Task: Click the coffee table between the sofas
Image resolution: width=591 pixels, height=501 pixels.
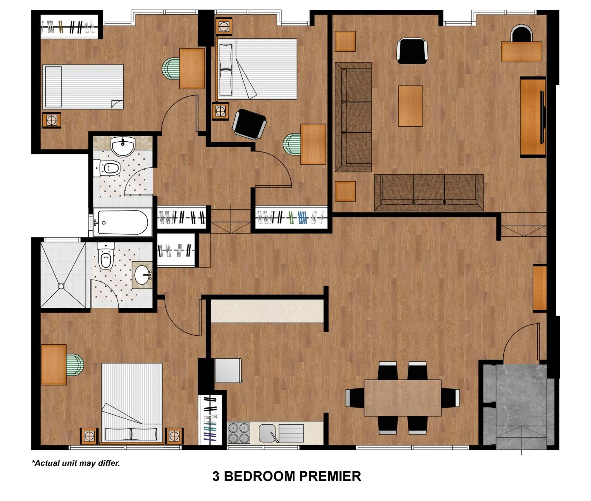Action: tap(410, 106)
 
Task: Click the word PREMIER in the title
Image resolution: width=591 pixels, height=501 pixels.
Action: tap(330, 476)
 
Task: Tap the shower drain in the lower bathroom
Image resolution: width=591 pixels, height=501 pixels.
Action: tap(61, 286)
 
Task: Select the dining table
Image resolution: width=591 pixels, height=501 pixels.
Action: tap(402, 398)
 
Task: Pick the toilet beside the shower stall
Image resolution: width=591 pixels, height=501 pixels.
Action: tap(106, 256)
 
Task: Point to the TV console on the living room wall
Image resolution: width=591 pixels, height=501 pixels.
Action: tap(532, 117)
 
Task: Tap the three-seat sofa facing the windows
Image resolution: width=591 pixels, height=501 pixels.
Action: tap(429, 193)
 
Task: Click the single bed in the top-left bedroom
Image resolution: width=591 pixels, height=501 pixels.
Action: tap(83, 87)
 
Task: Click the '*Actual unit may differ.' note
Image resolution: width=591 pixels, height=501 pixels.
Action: tap(76, 463)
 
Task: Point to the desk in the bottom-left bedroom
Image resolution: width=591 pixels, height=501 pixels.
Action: tap(54, 365)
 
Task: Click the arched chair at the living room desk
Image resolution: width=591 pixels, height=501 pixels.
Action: tap(521, 33)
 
